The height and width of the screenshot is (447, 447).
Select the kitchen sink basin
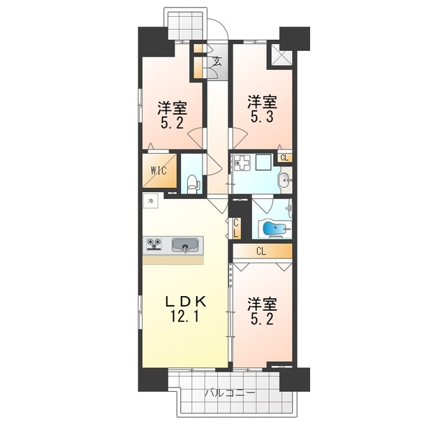tap(184, 244)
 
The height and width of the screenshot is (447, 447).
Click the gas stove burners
tap(154, 244)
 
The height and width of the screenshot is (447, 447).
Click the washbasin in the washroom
tap(284, 182)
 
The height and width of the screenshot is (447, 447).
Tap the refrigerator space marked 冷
tap(150, 202)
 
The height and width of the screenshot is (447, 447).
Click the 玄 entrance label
tap(217, 61)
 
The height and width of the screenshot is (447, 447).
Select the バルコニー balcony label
tap(230, 393)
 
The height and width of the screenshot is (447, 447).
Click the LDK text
tap(185, 302)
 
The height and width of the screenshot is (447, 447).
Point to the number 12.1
tap(185, 316)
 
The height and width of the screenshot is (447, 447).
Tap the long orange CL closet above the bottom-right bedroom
tap(262, 251)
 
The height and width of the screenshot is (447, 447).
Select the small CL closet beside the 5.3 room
tap(284, 158)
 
